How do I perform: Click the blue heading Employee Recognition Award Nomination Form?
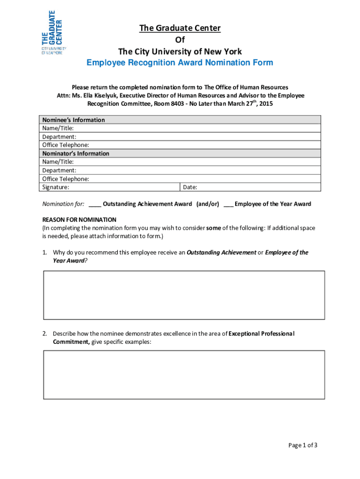pyautogui.click(x=180, y=63)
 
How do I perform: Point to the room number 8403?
pyautogui.click(x=177, y=104)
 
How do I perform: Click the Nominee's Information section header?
pyautogui.click(x=73, y=120)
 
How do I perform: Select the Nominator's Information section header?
pyautogui.click(x=76, y=153)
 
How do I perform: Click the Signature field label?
pyautogui.click(x=56, y=187)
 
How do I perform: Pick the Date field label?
pyautogui.click(x=190, y=187)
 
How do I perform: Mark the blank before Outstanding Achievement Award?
pyautogui.click(x=94, y=204)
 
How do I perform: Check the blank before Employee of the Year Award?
pyautogui.click(x=229, y=204)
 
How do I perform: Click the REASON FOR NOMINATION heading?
pyautogui.click(x=79, y=219)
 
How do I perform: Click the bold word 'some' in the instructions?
pyautogui.click(x=214, y=228)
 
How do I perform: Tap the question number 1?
pyautogui.click(x=45, y=253)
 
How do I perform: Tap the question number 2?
pyautogui.click(x=45, y=334)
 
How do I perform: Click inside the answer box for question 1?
pyautogui.click(x=184, y=295)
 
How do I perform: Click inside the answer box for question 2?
pyautogui.click(x=184, y=375)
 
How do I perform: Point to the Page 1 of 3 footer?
pyautogui.click(x=302, y=445)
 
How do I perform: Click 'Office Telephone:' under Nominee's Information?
pyautogui.click(x=66, y=145)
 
